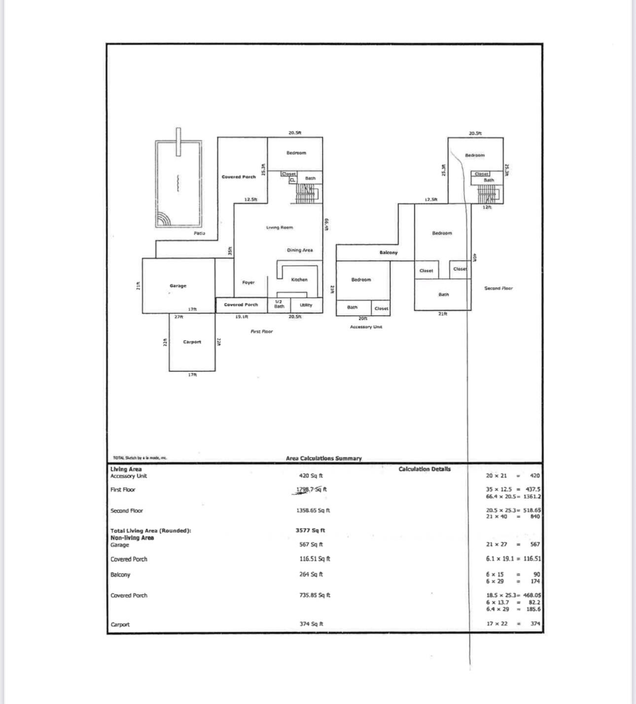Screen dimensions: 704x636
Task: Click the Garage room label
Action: tap(178, 286)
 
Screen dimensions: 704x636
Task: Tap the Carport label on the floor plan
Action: tap(192, 342)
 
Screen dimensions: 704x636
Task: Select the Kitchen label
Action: tap(299, 280)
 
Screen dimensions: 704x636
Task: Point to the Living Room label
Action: tap(280, 228)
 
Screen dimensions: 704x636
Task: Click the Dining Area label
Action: tap(300, 250)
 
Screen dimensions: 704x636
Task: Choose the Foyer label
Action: tap(248, 283)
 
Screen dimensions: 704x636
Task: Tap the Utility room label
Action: tap(306, 305)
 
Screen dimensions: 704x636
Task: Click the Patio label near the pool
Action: tap(199, 233)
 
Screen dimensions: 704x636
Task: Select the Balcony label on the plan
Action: tap(389, 253)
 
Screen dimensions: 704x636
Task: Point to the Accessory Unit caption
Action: tap(366, 327)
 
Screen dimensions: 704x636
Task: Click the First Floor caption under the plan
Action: tap(261, 332)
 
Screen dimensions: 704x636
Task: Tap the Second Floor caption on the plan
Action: tap(498, 288)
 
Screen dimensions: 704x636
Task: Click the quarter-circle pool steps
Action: tap(163, 219)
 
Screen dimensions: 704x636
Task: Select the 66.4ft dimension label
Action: tap(326, 225)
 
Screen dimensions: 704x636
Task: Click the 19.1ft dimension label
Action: tap(242, 317)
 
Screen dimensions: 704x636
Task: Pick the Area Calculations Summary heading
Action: tap(323, 458)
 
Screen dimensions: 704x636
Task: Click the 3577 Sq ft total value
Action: tap(310, 531)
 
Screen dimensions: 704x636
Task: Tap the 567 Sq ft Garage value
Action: tap(311, 544)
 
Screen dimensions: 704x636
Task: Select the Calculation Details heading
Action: tap(424, 469)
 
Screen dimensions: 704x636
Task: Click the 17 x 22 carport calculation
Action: tap(497, 624)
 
